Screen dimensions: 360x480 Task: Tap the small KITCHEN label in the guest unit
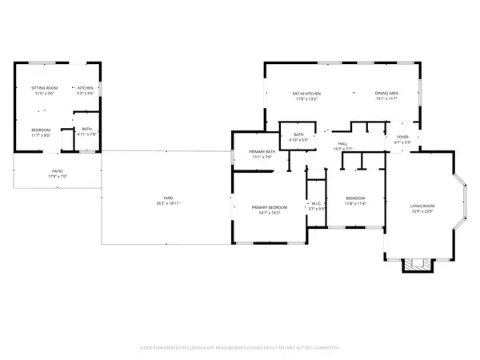pyautogui.click(x=86, y=87)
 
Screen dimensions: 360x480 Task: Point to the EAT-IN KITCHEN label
pyautogui.click(x=306, y=94)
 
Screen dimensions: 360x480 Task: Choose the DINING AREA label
pyautogui.click(x=387, y=94)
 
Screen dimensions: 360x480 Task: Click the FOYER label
pyautogui.click(x=402, y=137)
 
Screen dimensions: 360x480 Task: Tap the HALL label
pyautogui.click(x=340, y=143)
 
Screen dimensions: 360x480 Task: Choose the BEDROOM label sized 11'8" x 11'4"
pyautogui.click(x=355, y=200)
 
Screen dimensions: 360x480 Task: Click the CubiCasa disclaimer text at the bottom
pyautogui.click(x=240, y=348)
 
